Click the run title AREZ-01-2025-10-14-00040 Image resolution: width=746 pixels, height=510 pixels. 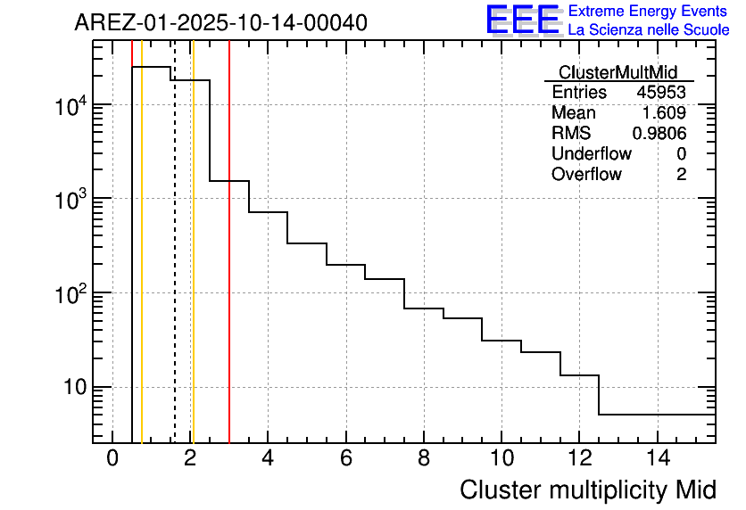tap(220, 23)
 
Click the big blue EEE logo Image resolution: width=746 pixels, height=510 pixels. tap(522, 21)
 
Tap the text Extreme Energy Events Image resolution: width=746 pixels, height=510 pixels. tap(647, 12)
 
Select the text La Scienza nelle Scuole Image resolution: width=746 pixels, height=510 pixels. tap(649, 29)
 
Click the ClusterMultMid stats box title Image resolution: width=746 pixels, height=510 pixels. tap(618, 72)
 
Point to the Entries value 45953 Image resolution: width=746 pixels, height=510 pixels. tap(660, 93)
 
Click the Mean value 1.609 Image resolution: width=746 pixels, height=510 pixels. tap(664, 113)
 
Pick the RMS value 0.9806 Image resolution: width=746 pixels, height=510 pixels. tap(659, 134)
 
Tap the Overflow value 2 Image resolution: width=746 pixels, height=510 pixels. tap(681, 175)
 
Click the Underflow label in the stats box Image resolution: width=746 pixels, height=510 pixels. tap(591, 154)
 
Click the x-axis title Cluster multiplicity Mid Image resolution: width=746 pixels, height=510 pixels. tap(587, 489)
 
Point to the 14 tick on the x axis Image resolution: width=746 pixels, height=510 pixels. tap(658, 459)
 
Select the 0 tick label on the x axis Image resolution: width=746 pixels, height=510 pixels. tap(112, 459)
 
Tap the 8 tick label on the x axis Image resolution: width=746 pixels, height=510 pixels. tap(424, 459)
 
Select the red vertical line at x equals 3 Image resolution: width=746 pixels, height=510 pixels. tap(229, 267)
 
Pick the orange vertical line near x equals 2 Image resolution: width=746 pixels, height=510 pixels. tap(193, 267)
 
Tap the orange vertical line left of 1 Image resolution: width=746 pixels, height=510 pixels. tap(142, 267)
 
